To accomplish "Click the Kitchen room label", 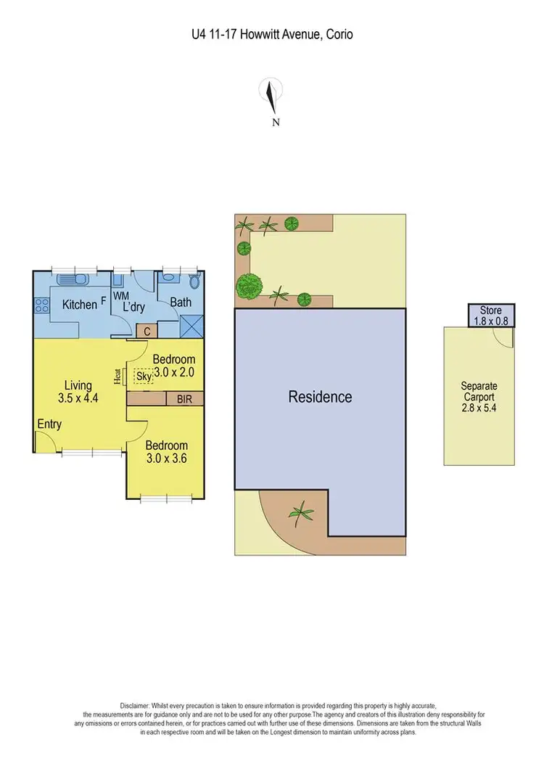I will pos(79,305).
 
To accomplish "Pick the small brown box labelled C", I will pos(147,332).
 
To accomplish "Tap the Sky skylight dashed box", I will pos(144,377).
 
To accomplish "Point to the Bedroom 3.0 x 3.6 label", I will pos(166,452).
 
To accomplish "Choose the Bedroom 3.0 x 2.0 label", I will pos(173,366).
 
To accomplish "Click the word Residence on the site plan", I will pos(320,397).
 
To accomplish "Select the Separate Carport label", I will pos(479,398).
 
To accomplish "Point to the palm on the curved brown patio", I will pos(300,514).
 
